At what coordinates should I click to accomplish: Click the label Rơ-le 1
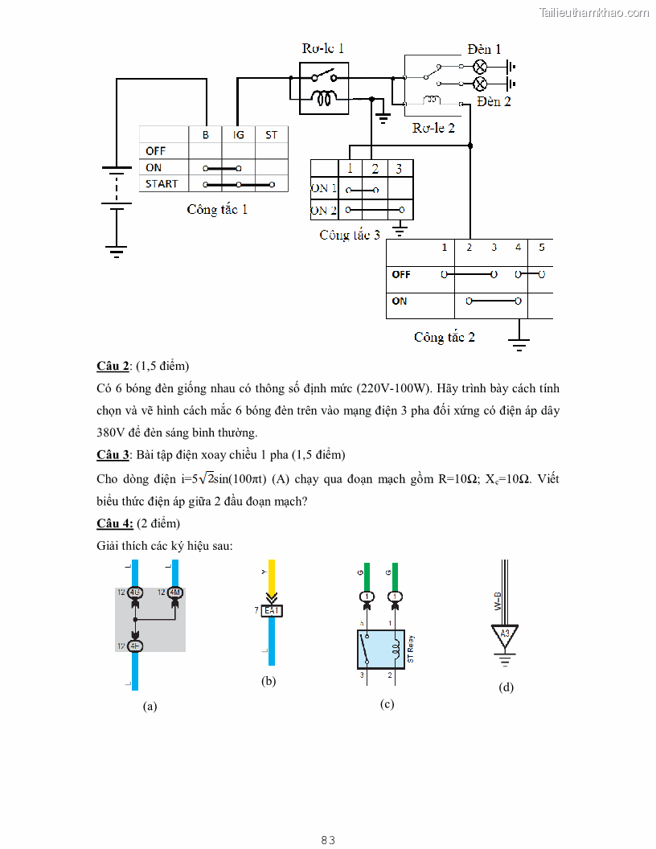click(323, 48)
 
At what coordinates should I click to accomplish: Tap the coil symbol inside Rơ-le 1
click(324, 100)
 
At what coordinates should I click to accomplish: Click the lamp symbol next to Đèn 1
click(480, 66)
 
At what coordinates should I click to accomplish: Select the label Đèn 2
click(494, 101)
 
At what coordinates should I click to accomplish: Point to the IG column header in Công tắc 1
click(239, 135)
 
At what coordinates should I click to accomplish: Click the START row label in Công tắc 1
click(162, 184)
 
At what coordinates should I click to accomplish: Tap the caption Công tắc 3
click(350, 236)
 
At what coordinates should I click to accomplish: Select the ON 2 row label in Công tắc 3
click(324, 211)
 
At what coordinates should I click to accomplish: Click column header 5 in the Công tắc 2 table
click(541, 248)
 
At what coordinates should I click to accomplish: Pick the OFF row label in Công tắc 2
click(401, 274)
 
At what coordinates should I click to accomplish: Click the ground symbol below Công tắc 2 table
click(519, 344)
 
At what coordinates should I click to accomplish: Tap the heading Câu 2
click(113, 367)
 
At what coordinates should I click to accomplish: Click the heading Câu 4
click(115, 523)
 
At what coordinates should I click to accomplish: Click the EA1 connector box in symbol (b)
click(273, 611)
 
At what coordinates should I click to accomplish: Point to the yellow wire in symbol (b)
click(272, 577)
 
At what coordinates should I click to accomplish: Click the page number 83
click(327, 840)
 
